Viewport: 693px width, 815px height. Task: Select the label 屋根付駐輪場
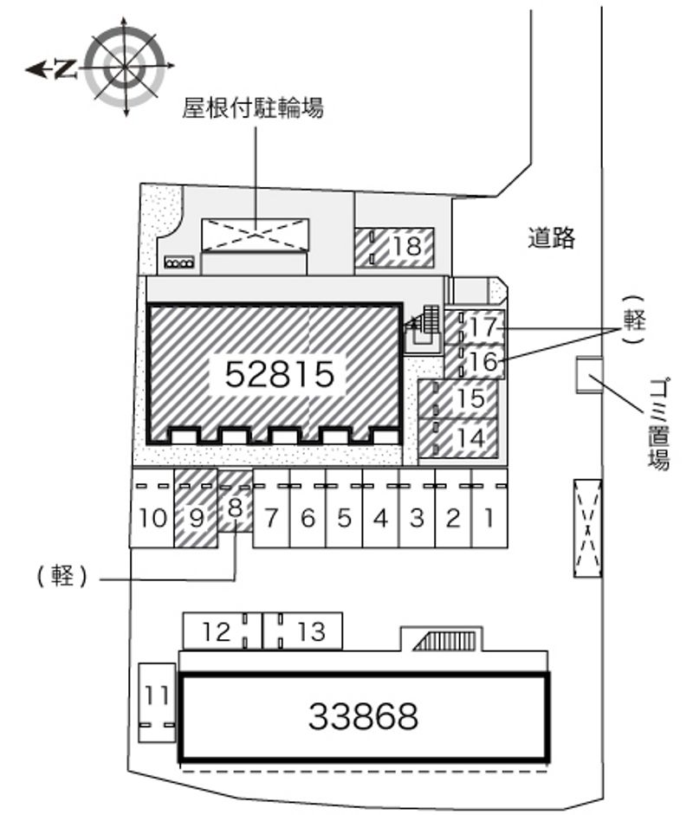(252, 108)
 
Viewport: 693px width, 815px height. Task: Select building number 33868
(363, 716)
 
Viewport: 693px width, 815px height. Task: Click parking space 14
(469, 438)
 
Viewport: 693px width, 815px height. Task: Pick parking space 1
(489, 519)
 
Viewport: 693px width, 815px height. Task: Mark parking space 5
(344, 519)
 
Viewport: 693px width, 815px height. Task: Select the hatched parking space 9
(196, 519)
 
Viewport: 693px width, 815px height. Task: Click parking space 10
(152, 519)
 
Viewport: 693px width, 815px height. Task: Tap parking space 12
(217, 631)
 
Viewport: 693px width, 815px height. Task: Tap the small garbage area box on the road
(589, 375)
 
